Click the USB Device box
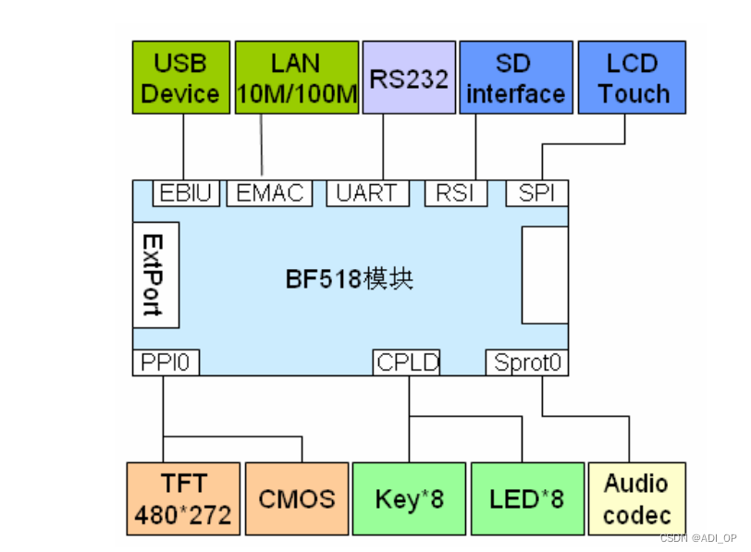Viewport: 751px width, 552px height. pos(180,78)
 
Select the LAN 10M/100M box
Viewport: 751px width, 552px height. pos(296,78)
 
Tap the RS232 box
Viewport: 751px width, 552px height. pos(409,78)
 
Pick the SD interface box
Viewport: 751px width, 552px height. pos(515,78)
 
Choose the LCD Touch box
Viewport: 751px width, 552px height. pos(633,78)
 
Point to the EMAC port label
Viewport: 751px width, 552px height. pos(269,193)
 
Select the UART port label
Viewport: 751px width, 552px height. pos(367,193)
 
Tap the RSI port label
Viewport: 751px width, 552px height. pos(455,193)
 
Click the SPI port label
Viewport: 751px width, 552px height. pos(536,193)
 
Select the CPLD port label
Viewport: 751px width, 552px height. pos(407,362)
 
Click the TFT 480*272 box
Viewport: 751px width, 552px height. pos(182,498)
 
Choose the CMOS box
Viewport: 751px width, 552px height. pos(296,498)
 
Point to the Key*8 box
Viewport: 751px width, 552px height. pos(409,498)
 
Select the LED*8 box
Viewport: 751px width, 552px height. pos(527,498)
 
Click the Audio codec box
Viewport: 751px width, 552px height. pos(636,498)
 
